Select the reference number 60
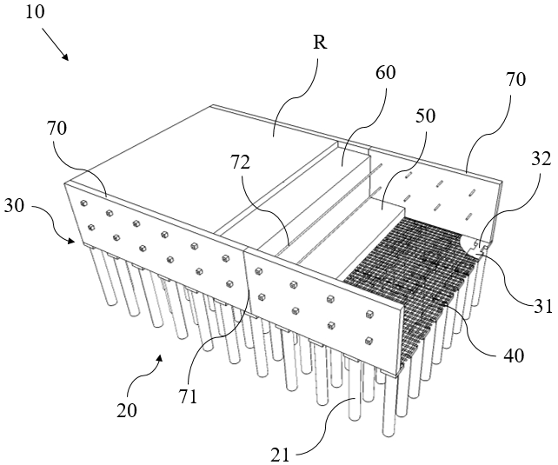[384, 73]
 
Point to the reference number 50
[425, 116]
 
